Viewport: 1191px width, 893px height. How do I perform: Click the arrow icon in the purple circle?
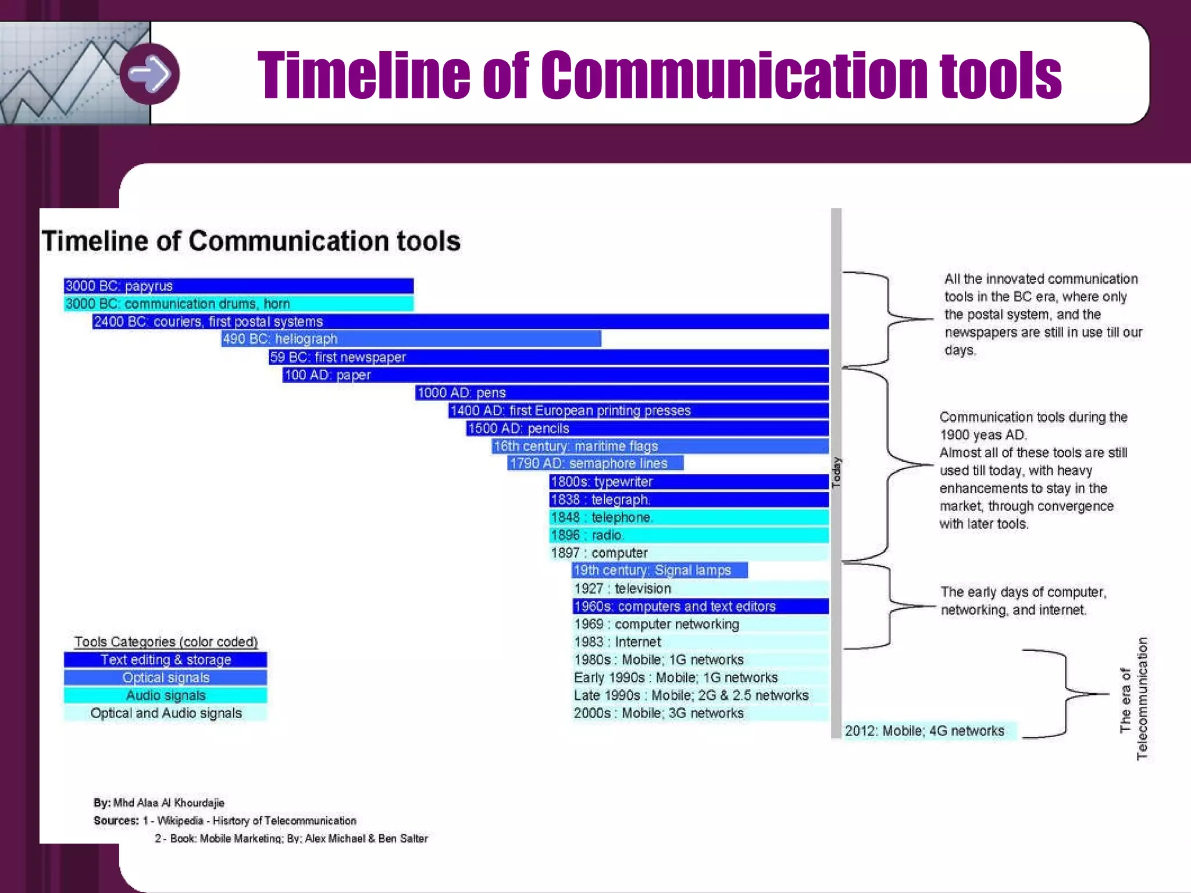[149, 74]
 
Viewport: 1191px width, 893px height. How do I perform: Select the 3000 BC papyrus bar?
[238, 286]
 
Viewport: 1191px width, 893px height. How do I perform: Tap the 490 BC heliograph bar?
[411, 339]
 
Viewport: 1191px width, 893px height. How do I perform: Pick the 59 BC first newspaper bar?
[548, 357]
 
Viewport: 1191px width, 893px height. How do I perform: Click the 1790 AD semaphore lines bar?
[595, 463]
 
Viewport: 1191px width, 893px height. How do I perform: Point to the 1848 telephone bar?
[689, 517]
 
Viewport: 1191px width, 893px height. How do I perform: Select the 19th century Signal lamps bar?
[659, 570]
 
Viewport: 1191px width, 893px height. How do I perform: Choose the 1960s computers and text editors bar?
[700, 606]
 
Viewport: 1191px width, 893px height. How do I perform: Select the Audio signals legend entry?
[166, 695]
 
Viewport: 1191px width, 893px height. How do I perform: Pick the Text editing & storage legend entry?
[166, 660]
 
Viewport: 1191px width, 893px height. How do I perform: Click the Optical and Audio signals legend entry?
[166, 713]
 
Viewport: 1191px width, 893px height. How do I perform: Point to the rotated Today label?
[836, 473]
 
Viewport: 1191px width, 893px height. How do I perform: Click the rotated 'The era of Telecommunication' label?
[1134, 698]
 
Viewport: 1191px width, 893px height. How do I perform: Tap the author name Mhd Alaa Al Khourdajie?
[169, 803]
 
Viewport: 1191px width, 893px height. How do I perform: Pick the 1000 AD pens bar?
[622, 392]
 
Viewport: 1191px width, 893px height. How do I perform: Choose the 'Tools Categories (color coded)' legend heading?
[166, 642]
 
